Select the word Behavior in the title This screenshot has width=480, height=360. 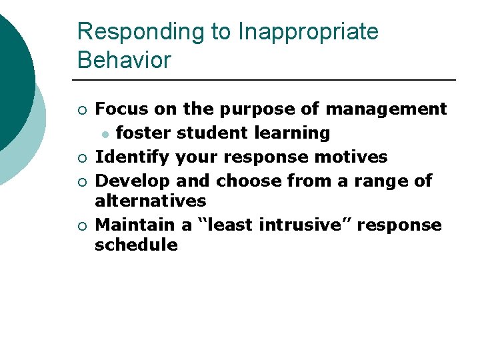pyautogui.click(x=124, y=60)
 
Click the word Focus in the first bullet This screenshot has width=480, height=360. pyautogui.click(x=122, y=109)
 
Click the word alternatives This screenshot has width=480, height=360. pyautogui.click(x=151, y=201)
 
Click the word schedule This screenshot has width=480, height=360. pyautogui.click(x=136, y=245)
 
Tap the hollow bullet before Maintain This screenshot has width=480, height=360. pyautogui.click(x=81, y=226)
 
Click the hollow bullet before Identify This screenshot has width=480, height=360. pyautogui.click(x=81, y=158)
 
